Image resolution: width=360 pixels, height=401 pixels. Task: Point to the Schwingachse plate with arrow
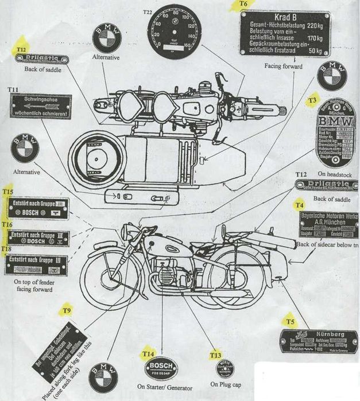coord(40,107)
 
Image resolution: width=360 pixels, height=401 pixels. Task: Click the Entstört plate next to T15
coord(37,208)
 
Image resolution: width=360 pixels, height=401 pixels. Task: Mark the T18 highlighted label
coord(6,249)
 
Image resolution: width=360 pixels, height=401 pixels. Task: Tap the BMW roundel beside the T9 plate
coord(104,376)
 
